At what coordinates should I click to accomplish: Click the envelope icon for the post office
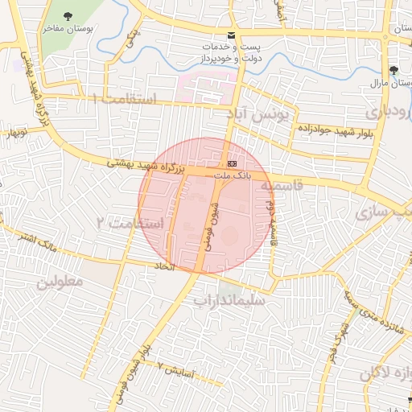pyautogui.click(x=232, y=35)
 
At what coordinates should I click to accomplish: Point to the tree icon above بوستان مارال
pyautogui.click(x=393, y=71)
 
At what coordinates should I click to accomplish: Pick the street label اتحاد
pyautogui.click(x=165, y=265)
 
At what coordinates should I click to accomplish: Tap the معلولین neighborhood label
pyautogui.click(x=60, y=282)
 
